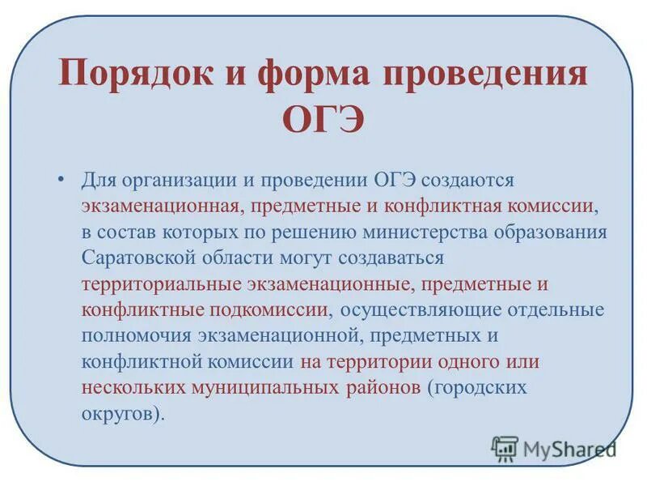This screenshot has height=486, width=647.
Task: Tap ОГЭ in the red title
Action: (323, 121)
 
